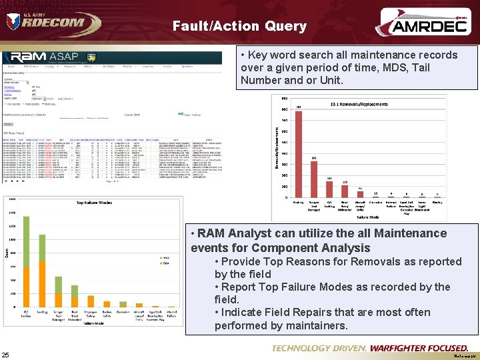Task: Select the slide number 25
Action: pyautogui.click(x=5, y=354)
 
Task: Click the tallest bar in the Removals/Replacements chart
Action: pyautogui.click(x=298, y=153)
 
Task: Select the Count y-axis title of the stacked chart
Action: pyautogui.click(x=8, y=254)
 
